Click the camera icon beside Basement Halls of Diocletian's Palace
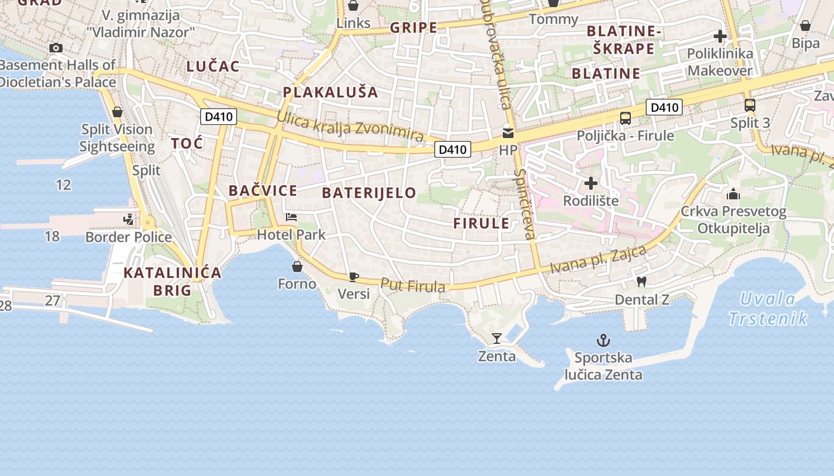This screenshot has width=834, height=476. pos(56,48)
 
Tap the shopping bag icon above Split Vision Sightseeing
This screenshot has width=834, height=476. pos(117,111)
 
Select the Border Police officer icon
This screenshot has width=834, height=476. pos(128,220)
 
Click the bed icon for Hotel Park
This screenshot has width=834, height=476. pos(291,217)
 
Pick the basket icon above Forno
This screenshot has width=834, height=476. pos(297,266)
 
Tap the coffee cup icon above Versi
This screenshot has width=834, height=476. pos(353,276)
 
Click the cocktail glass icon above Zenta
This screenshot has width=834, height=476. pos(496,339)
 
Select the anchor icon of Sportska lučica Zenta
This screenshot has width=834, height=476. pos(603,340)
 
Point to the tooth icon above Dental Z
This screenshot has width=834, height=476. pos(642,281)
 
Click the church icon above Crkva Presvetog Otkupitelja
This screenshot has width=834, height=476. pos(733,194)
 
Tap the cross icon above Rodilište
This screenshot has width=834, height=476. pos(591,183)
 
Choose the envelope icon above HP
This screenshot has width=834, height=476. pos(508,133)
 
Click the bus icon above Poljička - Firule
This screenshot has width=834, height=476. pos(625,118)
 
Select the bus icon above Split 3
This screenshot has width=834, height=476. pos(750,105)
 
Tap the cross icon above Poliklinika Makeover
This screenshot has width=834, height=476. pos(720,36)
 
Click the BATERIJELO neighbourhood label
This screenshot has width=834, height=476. pos(369,193)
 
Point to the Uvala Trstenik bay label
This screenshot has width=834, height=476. pos(768,309)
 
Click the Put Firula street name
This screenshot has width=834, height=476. pos(413,286)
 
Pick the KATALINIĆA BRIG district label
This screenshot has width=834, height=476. pos(172,281)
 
